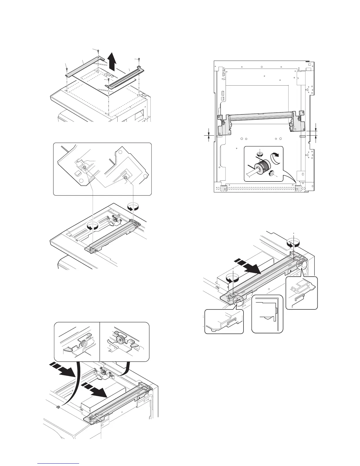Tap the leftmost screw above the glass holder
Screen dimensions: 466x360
point(67,69)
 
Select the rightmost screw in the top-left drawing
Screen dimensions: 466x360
point(139,59)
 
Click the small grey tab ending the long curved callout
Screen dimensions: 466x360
point(58,407)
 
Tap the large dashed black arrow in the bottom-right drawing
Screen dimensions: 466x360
point(247,265)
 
